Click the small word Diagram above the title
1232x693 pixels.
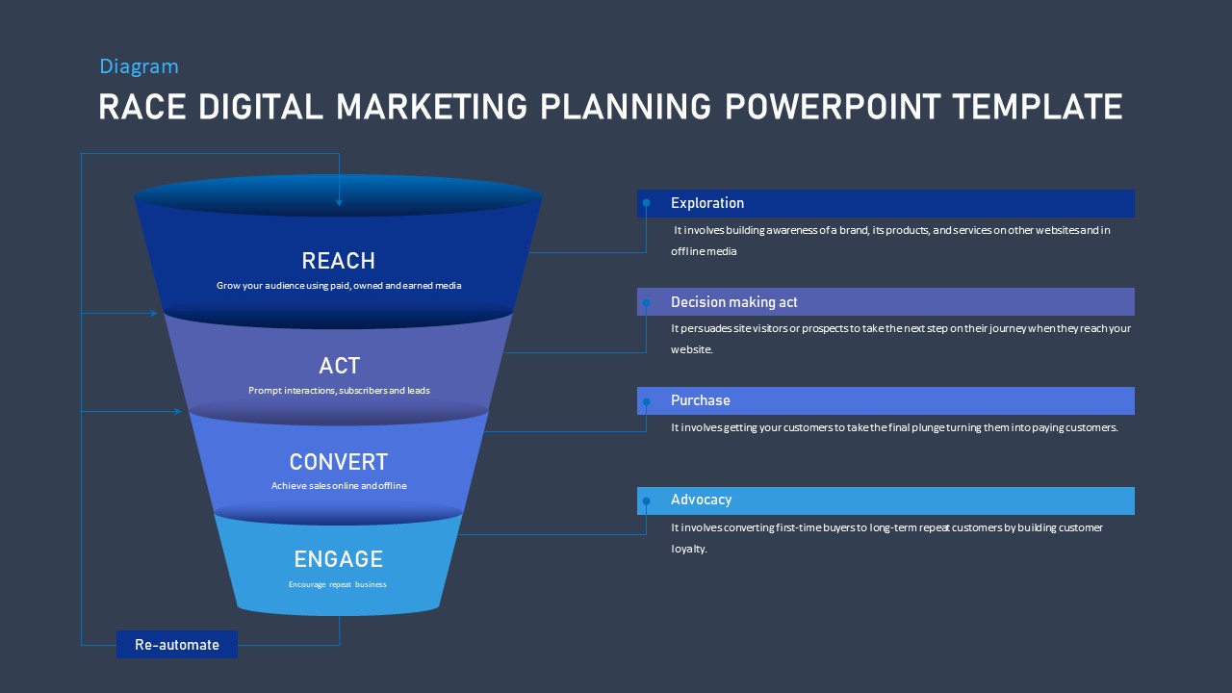[139, 66]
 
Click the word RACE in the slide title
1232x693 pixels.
[143, 107]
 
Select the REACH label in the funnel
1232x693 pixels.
[338, 261]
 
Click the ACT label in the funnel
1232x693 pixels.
[339, 366]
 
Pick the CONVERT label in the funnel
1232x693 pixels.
[338, 462]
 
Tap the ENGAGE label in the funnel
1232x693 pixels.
[338, 559]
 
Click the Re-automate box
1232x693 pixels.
[177, 645]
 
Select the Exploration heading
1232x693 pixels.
[707, 203]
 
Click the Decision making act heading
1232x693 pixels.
[733, 302]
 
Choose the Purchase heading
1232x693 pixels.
[700, 400]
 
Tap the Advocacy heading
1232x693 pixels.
[701, 500]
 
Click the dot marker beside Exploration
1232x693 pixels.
[647, 203]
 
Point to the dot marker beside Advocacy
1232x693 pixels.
[647, 500]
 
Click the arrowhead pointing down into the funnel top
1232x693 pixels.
[339, 202]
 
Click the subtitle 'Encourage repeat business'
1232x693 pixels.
[338, 584]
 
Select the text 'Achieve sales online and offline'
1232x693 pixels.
[339, 486]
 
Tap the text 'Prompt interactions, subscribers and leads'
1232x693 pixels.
[339, 391]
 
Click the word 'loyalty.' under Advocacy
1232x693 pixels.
[689, 550]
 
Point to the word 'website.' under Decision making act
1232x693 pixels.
[692, 350]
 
